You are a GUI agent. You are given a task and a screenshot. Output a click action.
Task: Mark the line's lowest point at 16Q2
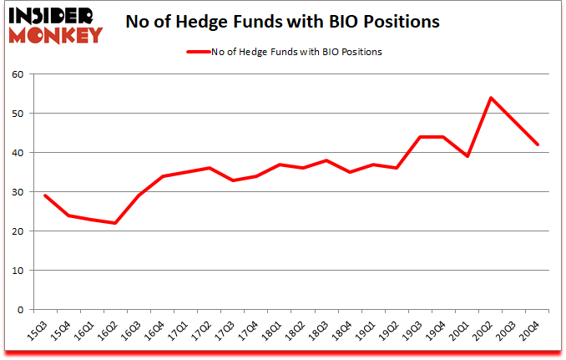tap(115, 223)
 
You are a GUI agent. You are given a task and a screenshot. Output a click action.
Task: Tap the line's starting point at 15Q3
tap(44, 195)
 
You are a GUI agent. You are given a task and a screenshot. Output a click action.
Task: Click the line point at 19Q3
tap(421, 137)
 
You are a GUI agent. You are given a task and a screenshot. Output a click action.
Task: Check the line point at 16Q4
tap(162, 176)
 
